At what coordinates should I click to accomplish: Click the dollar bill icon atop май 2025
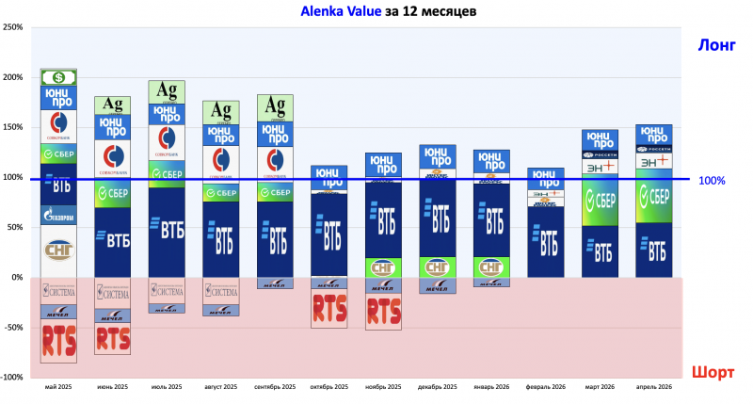(58, 77)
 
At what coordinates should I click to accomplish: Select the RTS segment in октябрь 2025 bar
(329, 308)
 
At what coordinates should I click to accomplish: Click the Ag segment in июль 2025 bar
(167, 91)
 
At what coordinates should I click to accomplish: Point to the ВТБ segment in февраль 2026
(546, 241)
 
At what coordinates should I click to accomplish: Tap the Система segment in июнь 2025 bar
(113, 292)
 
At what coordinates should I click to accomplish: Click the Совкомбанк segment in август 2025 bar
(221, 160)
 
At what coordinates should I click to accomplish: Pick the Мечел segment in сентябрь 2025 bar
(275, 283)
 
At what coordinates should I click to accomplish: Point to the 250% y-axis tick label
(13, 26)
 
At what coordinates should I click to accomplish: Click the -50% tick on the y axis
(13, 328)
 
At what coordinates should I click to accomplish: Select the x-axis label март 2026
(600, 387)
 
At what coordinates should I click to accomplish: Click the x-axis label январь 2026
(491, 387)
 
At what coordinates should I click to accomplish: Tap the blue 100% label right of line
(712, 180)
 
